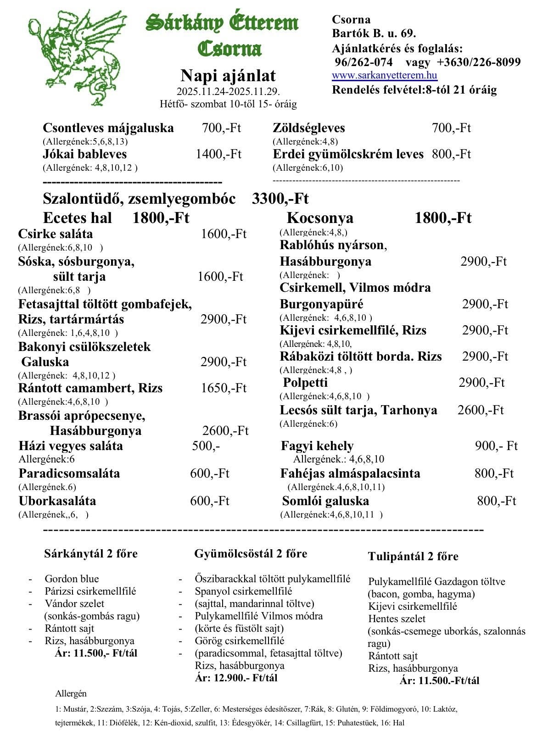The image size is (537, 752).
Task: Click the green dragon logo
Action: pyautogui.click(x=76, y=57)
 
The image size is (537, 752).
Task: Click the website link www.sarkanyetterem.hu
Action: pyautogui.click(x=384, y=76)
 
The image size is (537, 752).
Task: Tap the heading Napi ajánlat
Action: pyautogui.click(x=228, y=75)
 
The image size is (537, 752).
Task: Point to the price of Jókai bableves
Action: pyautogui.click(x=218, y=154)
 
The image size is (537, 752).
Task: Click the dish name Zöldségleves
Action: pyautogui.click(x=308, y=128)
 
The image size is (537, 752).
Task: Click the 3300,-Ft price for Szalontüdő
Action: pyautogui.click(x=280, y=199)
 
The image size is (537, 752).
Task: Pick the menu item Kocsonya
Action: pyautogui.click(x=320, y=218)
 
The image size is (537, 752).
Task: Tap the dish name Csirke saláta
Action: pyautogui.click(x=56, y=234)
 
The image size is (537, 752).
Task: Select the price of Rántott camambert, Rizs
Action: pyautogui.click(x=224, y=388)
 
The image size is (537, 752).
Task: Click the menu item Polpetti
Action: pyautogui.click(x=305, y=383)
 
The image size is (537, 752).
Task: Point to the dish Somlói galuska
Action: pyautogui.click(x=325, y=501)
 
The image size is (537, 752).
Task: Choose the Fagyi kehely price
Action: pyautogui.click(x=496, y=446)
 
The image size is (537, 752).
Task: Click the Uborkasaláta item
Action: pyautogui.click(x=57, y=501)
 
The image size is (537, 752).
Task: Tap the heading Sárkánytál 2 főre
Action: pyautogui.click(x=91, y=554)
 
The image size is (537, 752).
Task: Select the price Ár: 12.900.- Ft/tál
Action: pyautogui.click(x=236, y=678)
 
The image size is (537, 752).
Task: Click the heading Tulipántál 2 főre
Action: pyautogui.click(x=413, y=557)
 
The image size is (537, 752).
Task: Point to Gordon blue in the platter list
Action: pyautogui.click(x=72, y=579)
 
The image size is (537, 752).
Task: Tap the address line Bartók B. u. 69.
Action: pyautogui.click(x=374, y=33)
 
